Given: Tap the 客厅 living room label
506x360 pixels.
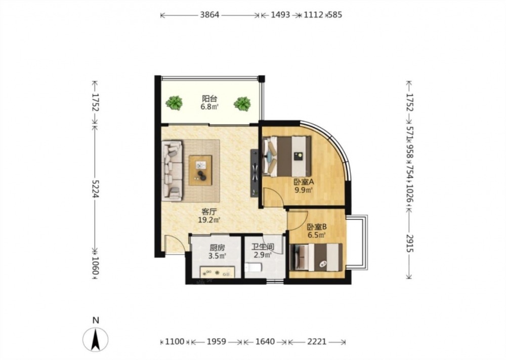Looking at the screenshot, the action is point(209,212).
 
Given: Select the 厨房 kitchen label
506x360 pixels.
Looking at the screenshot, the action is point(217,248).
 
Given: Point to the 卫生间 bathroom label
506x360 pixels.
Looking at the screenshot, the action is point(263,247).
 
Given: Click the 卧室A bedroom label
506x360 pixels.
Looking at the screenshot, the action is point(303,182).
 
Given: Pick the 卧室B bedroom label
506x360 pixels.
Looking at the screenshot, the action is point(317,227).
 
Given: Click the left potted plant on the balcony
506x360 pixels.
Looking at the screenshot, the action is point(174,103).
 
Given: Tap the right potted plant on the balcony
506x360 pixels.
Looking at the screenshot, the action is point(242,104).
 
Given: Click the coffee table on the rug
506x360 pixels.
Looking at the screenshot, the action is point(200,170).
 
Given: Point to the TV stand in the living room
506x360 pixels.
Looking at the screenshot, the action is point(255,173).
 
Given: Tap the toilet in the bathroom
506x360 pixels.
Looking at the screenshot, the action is point(253,268).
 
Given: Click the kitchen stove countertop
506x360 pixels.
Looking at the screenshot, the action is point(217,272).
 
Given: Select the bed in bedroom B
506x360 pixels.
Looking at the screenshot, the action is point(316,257).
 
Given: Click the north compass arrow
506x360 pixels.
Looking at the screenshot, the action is point(95,339).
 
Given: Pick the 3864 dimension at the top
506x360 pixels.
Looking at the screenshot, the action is point(210,15).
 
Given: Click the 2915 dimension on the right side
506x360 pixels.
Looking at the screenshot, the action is point(409,244).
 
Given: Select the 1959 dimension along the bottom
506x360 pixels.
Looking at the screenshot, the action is point(217,342).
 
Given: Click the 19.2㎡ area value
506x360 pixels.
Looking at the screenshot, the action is point(209,220).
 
